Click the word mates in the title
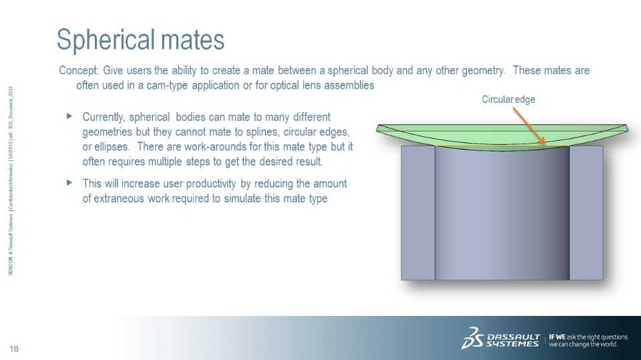click(192, 40)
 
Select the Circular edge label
click(508, 100)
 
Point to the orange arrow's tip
click(545, 144)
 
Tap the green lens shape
click(502, 135)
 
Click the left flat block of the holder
click(418, 212)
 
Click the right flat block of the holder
click(586, 212)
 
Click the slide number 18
click(14, 349)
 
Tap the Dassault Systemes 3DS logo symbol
click(472, 338)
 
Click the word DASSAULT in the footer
click(514, 337)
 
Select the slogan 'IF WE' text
click(557, 337)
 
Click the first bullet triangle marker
click(69, 116)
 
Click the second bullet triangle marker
click(69, 182)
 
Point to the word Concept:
click(79, 70)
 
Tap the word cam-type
click(168, 85)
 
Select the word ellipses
click(112, 147)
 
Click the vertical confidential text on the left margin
click(11, 181)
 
